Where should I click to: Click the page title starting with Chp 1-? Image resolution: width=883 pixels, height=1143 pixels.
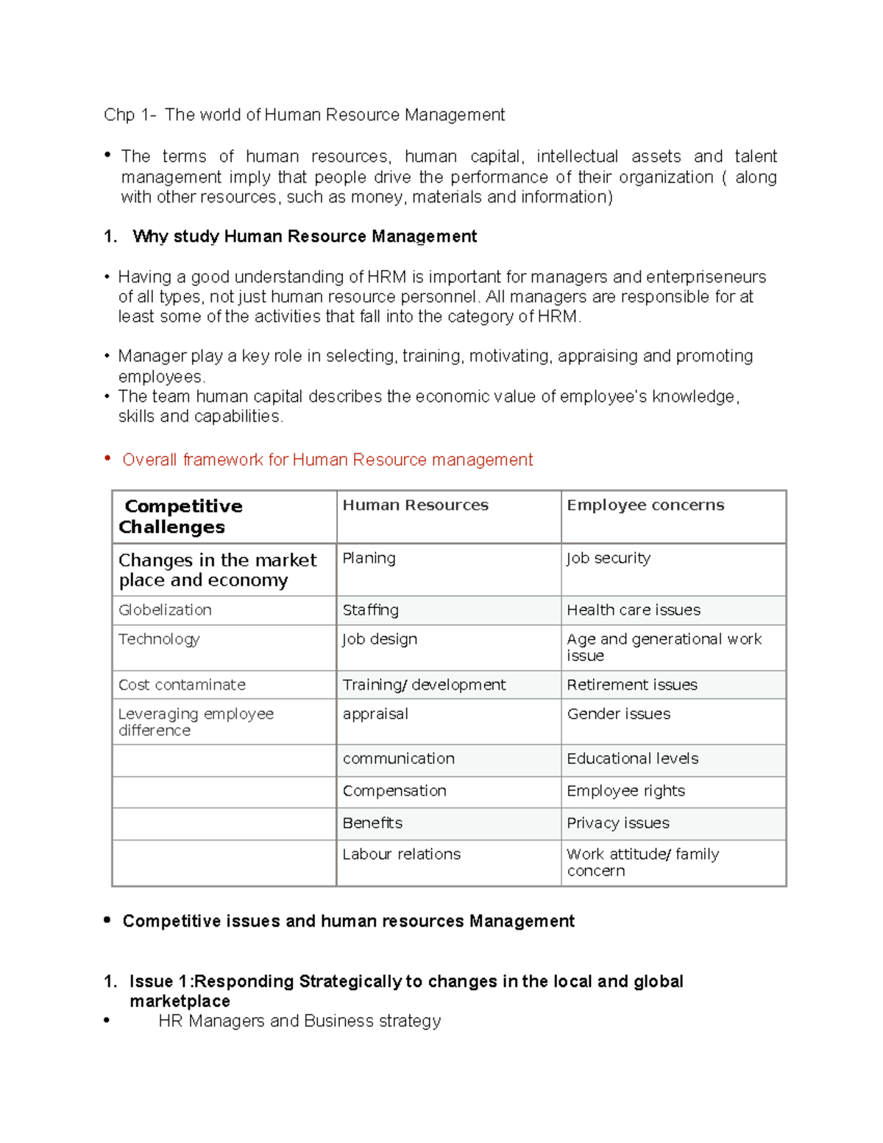click(x=304, y=115)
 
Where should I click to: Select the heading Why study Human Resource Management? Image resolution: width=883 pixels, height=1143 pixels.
click(x=304, y=236)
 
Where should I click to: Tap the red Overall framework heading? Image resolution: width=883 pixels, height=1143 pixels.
click(x=327, y=460)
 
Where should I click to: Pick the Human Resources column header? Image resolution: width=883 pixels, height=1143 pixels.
click(x=415, y=505)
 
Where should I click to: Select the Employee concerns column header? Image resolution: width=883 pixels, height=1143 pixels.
click(x=645, y=505)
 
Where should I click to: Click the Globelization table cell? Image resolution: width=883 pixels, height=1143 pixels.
click(x=165, y=610)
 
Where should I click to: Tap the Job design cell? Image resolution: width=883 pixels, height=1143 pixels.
click(x=380, y=639)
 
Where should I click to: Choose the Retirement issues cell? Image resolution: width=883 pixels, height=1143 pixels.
click(x=631, y=684)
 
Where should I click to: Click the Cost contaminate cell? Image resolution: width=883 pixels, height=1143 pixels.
click(x=182, y=684)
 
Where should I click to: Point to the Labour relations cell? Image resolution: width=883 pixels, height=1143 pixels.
click(x=401, y=854)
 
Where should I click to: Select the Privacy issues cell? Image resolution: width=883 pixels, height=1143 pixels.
click(x=617, y=823)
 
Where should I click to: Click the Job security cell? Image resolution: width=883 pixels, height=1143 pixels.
click(x=608, y=558)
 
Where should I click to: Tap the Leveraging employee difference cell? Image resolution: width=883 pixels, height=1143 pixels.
click(x=195, y=722)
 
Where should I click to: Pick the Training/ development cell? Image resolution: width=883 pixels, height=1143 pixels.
click(x=424, y=684)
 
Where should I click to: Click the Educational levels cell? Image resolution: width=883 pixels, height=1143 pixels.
click(x=632, y=758)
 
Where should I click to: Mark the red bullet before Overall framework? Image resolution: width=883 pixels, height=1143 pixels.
click(x=107, y=459)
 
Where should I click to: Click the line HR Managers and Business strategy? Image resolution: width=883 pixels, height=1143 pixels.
click(x=299, y=1021)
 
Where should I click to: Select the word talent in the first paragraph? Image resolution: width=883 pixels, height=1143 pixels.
click(x=756, y=156)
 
